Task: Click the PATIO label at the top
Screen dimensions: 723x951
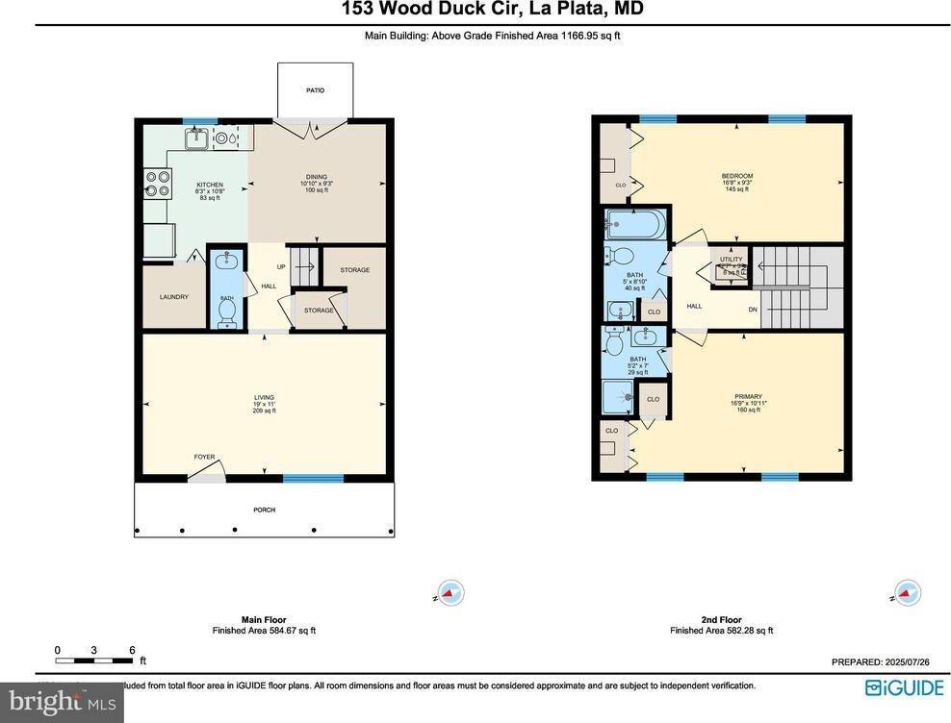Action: tap(316, 90)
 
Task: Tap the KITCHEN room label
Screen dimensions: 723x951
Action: tap(210, 185)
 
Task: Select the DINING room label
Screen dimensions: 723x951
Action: tap(317, 177)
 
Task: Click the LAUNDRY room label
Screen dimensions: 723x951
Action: tap(174, 297)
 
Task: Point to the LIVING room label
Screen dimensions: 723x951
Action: tap(264, 397)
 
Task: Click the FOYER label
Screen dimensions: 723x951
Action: tap(205, 457)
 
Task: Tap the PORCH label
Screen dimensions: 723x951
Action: tap(264, 509)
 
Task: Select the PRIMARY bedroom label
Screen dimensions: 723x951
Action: tap(748, 396)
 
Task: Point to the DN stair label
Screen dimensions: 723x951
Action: tap(754, 309)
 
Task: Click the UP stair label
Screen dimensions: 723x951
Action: tap(280, 266)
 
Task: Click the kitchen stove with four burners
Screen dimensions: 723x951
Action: tap(158, 183)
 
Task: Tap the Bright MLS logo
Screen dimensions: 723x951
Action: tap(62, 702)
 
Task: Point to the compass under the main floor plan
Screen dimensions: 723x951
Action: tap(450, 593)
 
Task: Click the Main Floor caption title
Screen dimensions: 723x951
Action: tap(264, 620)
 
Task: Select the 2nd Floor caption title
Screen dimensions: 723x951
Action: tap(721, 620)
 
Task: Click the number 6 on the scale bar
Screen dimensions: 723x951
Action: tap(131, 650)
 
